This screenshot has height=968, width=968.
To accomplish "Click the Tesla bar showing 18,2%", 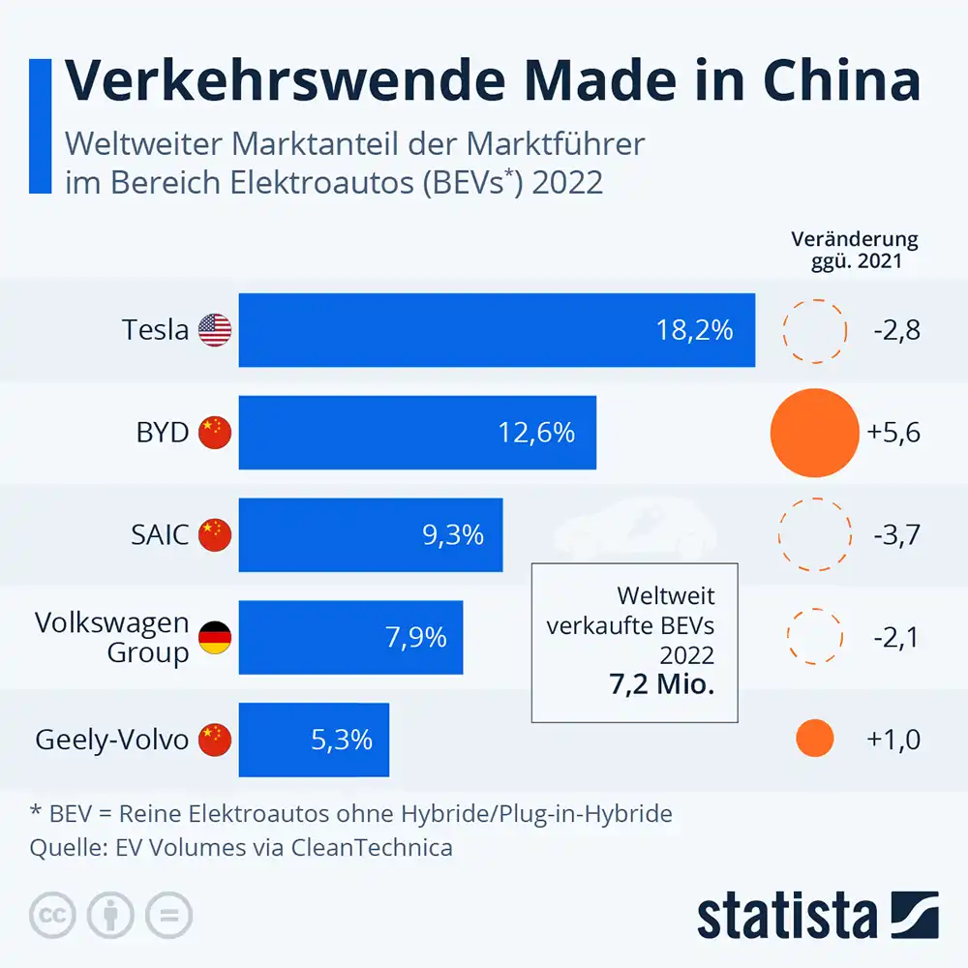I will point(497,330).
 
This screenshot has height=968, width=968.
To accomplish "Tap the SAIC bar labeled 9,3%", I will point(371,534).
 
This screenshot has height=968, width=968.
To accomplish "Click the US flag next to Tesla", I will point(215,331).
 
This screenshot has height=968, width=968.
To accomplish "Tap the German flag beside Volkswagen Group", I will point(215,637).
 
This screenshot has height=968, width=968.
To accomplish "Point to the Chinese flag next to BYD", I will point(215,433).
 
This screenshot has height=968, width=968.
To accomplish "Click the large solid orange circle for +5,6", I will point(814,433).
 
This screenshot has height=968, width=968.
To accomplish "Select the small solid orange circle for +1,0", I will point(814,740).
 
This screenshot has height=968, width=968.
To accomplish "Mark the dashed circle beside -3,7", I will point(814,534).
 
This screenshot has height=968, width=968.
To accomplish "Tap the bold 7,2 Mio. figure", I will point(661,686).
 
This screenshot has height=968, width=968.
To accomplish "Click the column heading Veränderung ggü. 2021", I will point(854,250).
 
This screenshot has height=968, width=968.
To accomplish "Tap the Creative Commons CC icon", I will point(54,915).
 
